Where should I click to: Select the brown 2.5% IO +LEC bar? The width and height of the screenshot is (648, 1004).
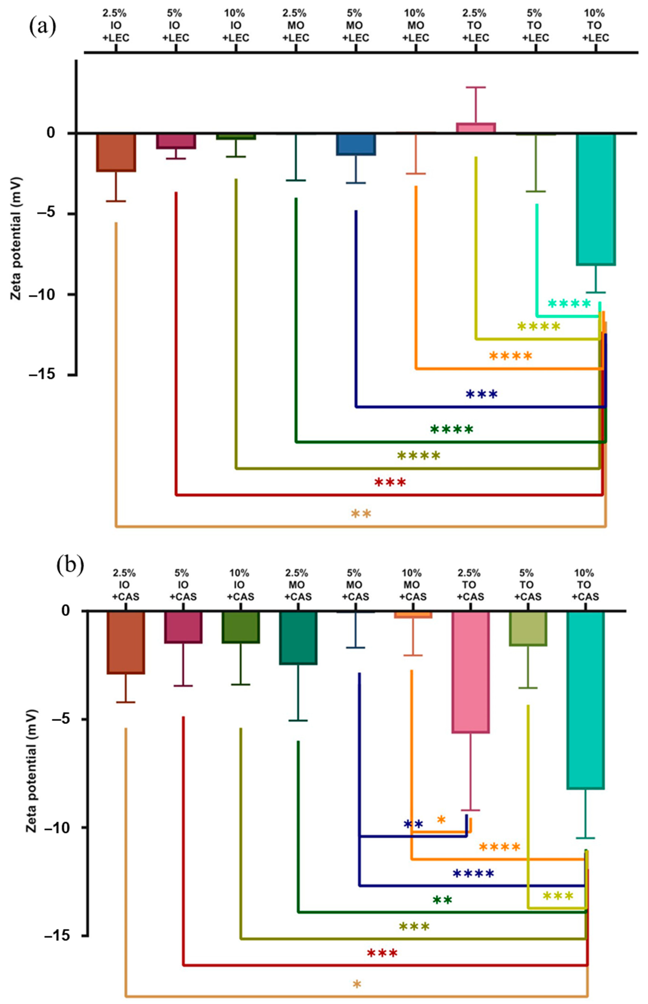click(116, 152)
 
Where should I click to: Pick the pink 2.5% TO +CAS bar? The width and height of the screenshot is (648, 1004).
click(470, 672)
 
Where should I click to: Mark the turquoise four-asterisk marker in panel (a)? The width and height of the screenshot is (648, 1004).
click(569, 304)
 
